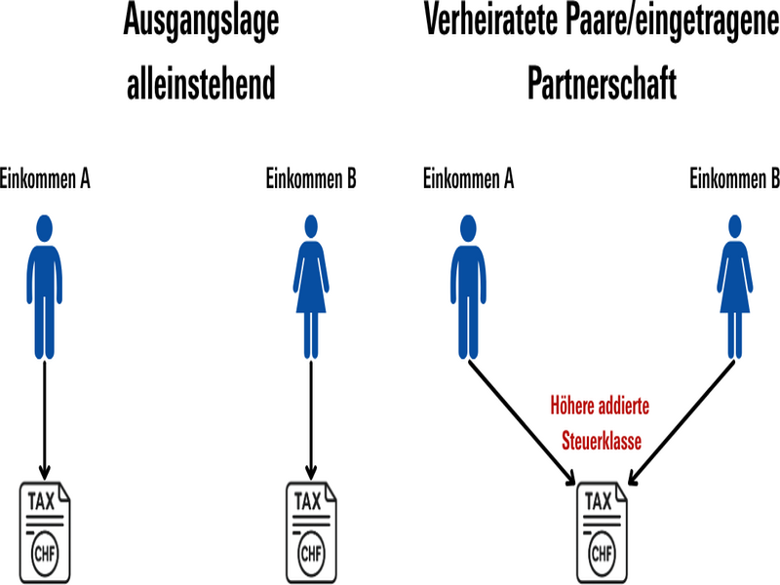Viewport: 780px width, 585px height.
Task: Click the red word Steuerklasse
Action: point(602,442)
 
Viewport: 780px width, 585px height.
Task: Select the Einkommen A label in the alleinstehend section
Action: point(46,179)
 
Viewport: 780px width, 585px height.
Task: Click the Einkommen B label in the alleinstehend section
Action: point(311,179)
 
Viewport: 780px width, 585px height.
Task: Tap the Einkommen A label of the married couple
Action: point(469,179)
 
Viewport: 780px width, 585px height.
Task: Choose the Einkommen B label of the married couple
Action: point(734,179)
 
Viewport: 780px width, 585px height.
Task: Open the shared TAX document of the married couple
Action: point(602,530)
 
